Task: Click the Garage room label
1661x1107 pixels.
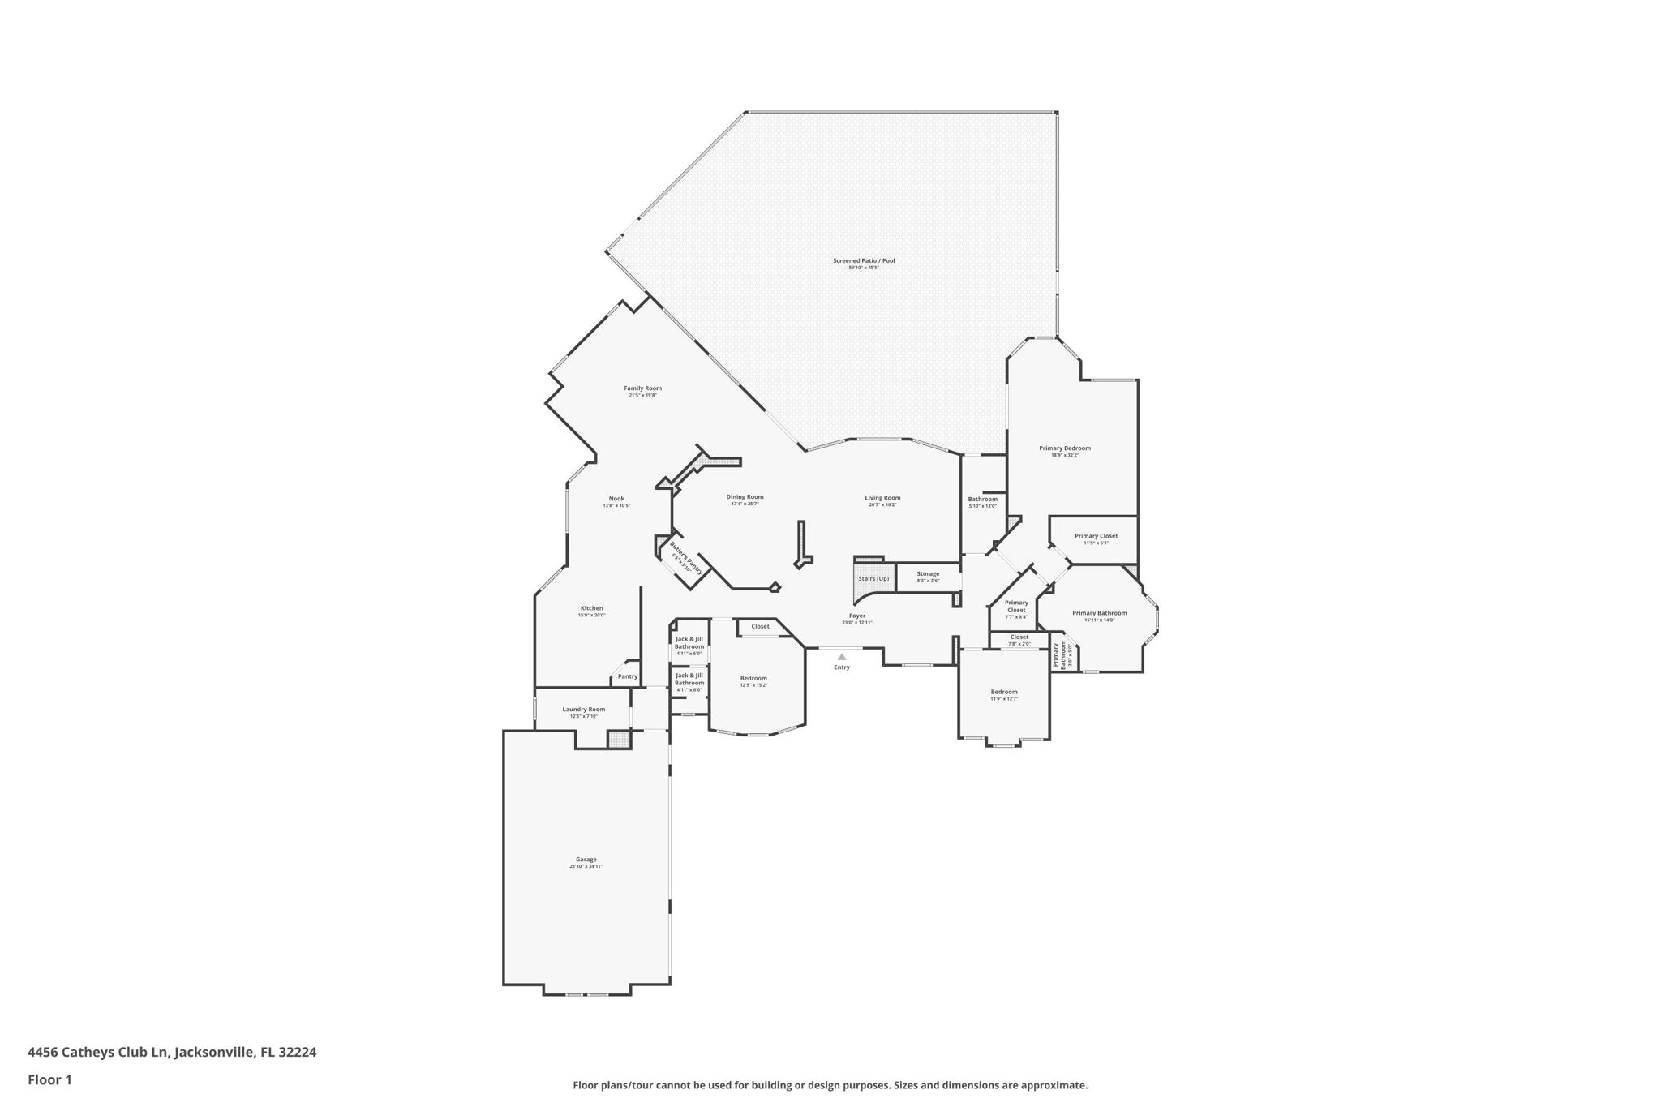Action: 586,860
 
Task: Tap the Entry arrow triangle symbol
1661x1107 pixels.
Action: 842,657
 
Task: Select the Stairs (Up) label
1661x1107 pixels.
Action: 873,578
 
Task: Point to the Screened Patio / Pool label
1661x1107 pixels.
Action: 864,260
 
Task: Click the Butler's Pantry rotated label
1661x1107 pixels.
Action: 686,557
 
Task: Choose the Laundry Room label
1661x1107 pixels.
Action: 584,709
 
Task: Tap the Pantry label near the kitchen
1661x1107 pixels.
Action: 628,676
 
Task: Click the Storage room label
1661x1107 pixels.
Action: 928,573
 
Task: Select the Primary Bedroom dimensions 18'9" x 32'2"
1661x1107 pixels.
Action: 1065,455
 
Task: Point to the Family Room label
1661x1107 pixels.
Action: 642,388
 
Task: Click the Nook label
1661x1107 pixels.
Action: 616,499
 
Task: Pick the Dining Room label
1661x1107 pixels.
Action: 745,496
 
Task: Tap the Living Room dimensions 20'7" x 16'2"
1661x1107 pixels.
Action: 882,504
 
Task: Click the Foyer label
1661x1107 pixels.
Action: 857,616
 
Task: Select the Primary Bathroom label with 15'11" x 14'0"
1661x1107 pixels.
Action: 1099,613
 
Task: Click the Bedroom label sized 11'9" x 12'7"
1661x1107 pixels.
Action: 1004,692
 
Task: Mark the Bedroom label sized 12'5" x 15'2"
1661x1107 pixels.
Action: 753,678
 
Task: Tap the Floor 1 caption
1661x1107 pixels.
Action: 49,1079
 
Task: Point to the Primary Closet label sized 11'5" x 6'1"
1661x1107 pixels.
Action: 1096,536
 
